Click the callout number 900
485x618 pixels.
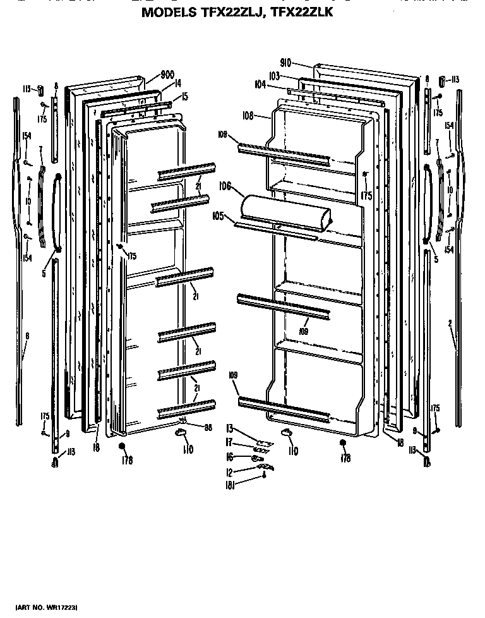pos(167,75)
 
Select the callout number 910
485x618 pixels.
pos(285,63)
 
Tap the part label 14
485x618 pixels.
pos(178,83)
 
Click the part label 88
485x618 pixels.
pos(207,427)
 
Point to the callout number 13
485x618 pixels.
pos(231,428)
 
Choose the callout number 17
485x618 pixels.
pos(231,442)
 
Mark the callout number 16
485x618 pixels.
pos(231,457)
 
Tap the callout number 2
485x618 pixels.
pos(450,324)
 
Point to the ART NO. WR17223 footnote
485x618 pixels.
pos(46,607)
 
